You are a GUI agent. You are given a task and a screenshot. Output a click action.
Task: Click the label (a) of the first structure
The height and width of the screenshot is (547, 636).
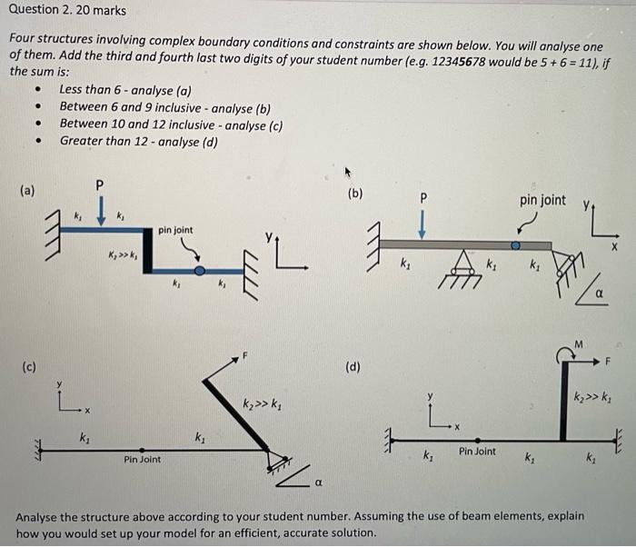29,191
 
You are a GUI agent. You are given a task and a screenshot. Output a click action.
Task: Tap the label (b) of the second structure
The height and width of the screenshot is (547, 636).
355,193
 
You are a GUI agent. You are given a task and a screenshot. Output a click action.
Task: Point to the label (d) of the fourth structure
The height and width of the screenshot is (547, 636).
353,367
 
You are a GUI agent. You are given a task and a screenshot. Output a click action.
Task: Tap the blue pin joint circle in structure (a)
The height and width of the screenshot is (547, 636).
200,270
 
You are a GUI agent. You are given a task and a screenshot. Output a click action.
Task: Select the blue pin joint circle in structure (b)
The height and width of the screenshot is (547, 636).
515,245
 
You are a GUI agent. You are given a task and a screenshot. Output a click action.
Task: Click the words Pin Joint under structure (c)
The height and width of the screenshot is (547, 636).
142,459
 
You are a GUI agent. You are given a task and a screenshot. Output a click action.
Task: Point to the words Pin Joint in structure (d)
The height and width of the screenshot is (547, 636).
477,451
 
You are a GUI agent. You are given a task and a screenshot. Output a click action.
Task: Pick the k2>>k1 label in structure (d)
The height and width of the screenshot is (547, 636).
591,396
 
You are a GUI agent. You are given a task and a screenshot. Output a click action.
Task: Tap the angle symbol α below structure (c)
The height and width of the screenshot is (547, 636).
319,482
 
